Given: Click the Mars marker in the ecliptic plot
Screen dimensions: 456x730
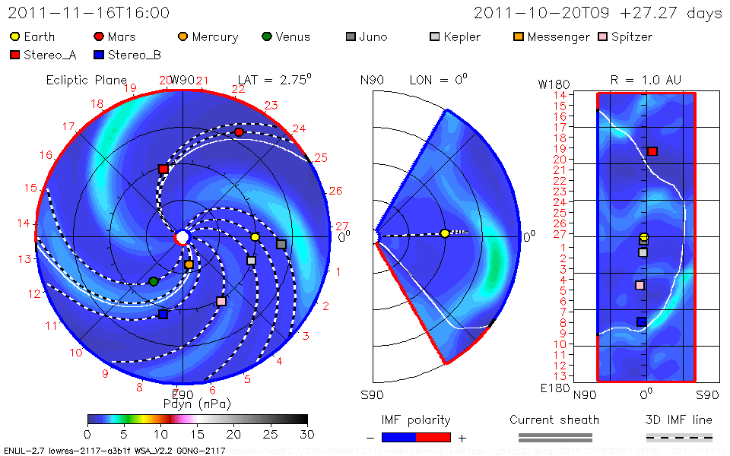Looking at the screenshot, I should click(240, 132).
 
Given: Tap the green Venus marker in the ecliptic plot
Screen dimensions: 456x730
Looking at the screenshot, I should click(154, 281).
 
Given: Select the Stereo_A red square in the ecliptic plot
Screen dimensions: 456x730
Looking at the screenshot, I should click(163, 169).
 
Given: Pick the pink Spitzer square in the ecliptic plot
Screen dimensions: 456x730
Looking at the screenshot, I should click(221, 301).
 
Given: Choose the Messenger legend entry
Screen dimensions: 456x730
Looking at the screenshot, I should click(552, 36).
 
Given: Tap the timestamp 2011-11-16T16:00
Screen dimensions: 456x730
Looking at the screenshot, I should click(89, 13).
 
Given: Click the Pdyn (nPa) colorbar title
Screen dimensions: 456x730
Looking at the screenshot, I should click(197, 403).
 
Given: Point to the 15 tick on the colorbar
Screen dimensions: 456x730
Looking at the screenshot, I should click(197, 433).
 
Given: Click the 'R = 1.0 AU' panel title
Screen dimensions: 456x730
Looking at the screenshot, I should click(646, 79).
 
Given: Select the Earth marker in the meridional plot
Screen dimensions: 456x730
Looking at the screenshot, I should click(445, 233).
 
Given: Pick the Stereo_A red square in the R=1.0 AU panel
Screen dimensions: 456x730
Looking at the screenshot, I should click(652, 151).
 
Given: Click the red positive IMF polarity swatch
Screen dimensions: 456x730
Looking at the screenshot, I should click(433, 437).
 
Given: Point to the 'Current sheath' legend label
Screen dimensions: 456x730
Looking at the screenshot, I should click(554, 420).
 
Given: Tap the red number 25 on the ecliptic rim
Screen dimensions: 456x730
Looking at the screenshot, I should click(320, 158).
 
